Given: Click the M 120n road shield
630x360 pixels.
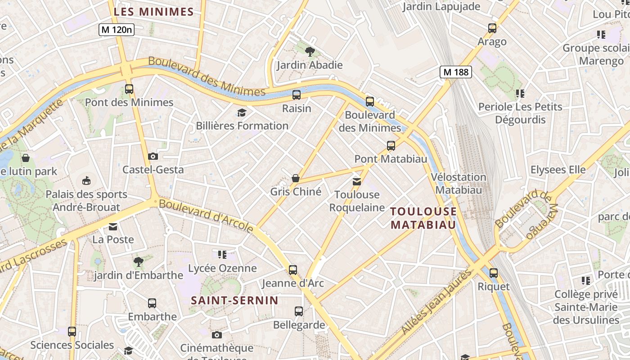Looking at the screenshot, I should [117, 30].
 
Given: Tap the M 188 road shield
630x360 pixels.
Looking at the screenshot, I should [456, 72].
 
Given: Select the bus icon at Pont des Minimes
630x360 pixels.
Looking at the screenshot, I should [129, 89].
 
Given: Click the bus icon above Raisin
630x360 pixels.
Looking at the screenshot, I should [296, 95].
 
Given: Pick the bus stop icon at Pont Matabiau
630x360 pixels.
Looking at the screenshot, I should [391, 146].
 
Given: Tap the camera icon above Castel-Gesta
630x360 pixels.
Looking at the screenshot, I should [153, 157].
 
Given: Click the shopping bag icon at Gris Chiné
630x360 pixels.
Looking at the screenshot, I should [296, 179].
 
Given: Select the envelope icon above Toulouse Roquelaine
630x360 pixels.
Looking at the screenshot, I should [356, 182].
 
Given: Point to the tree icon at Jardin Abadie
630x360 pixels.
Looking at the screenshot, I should [310, 52].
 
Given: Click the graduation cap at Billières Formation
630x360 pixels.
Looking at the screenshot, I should [242, 112].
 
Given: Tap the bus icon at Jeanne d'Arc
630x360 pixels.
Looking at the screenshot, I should [293, 270].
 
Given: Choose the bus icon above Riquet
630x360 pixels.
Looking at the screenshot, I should [494, 273].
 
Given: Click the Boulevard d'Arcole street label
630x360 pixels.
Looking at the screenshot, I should [206, 216].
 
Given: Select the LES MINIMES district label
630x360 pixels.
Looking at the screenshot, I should [153, 12].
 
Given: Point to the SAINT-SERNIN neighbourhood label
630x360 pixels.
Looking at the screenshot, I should [234, 300].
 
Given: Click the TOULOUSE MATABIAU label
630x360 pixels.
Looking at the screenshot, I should [423, 218].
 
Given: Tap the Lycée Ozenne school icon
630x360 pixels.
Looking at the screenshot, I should [222, 255].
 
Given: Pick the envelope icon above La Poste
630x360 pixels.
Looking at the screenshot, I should [113, 226].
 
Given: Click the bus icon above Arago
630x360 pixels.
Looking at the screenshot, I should [492, 28].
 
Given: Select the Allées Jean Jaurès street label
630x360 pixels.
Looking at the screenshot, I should [436, 301].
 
